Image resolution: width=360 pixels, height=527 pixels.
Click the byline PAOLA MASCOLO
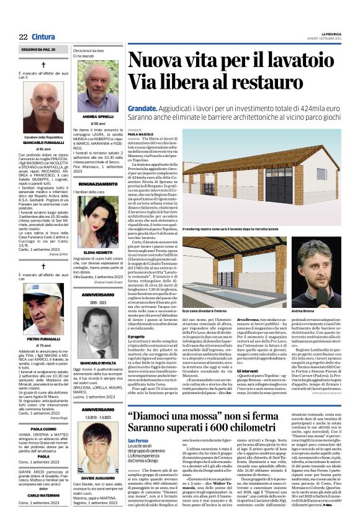pyautogui.click(x=142, y=133)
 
